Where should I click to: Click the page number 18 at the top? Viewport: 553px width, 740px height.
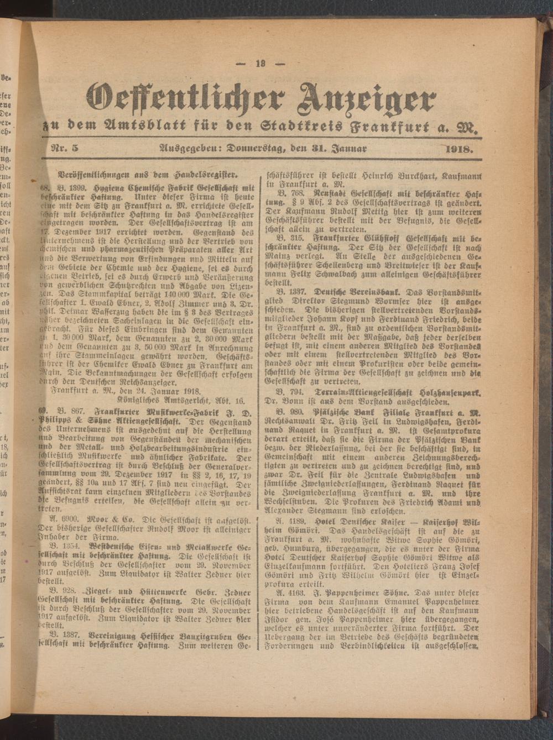click(260, 64)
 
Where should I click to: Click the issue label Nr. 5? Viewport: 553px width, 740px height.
click(66, 148)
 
